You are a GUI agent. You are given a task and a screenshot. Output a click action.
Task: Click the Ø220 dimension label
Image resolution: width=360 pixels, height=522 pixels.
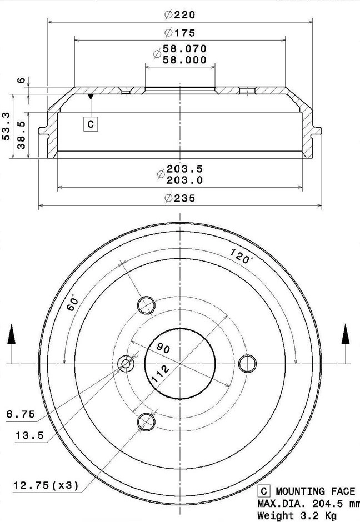click(180, 14)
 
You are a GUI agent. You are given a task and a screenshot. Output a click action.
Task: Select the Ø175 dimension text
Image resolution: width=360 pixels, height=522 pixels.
click(180, 33)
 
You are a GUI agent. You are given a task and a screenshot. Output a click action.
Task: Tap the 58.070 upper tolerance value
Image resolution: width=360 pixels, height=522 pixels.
click(184, 49)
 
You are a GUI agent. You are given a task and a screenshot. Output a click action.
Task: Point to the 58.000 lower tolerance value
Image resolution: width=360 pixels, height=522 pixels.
click(184, 60)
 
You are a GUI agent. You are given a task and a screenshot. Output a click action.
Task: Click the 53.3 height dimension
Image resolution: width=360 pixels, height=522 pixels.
click(6, 126)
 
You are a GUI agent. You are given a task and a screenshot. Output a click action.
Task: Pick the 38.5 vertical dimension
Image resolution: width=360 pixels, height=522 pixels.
click(21, 135)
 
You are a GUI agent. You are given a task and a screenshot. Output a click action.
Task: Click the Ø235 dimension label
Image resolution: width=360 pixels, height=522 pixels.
click(180, 198)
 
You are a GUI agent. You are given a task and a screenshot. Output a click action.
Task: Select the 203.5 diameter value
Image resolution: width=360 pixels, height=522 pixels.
click(184, 169)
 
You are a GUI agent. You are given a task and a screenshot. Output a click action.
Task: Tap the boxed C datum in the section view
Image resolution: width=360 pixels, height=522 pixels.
click(91, 124)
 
